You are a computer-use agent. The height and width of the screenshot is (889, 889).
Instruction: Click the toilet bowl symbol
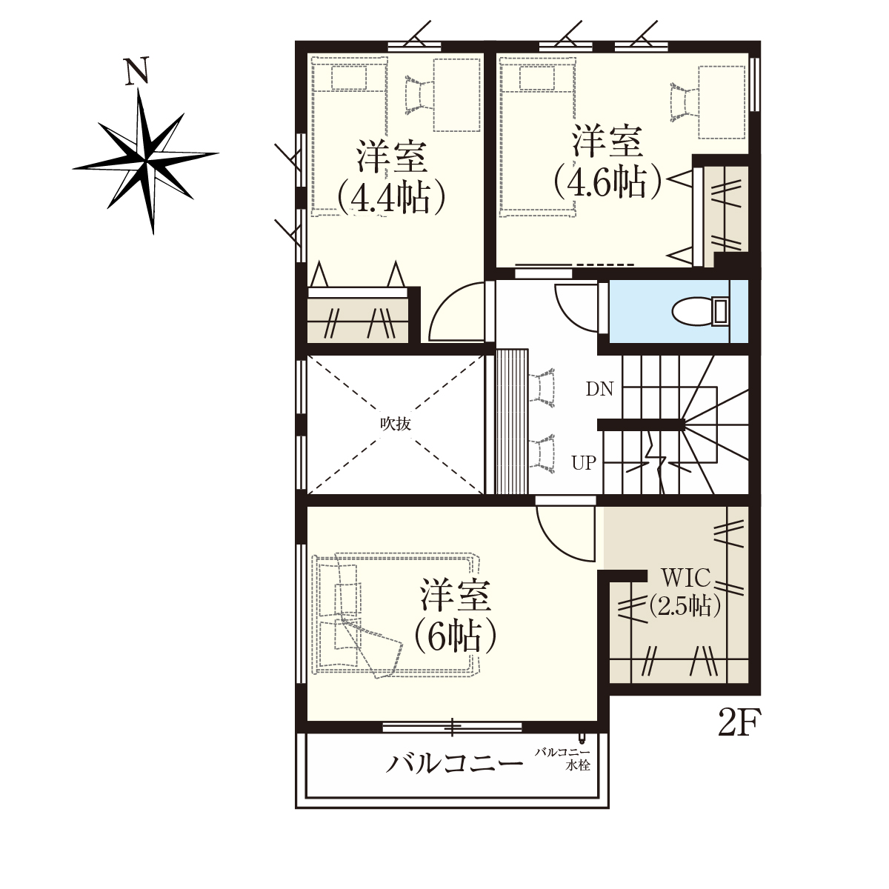(x=699, y=312)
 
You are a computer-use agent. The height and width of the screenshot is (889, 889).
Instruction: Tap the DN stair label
(x=600, y=390)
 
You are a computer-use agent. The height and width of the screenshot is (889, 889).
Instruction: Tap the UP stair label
(x=584, y=463)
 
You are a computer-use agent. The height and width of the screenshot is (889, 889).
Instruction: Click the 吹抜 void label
(x=396, y=424)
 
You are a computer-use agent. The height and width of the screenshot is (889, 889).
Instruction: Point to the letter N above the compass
(x=137, y=72)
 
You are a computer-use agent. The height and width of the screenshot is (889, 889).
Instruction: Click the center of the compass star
(x=147, y=161)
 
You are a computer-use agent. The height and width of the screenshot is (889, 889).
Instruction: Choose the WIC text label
(x=685, y=578)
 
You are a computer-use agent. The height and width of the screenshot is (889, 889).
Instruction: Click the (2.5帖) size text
(x=685, y=606)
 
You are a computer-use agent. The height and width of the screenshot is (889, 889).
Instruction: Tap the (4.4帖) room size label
(x=391, y=199)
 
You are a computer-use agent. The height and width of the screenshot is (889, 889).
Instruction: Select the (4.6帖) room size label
(x=608, y=181)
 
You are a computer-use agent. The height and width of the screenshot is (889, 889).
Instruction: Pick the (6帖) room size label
(x=456, y=635)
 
